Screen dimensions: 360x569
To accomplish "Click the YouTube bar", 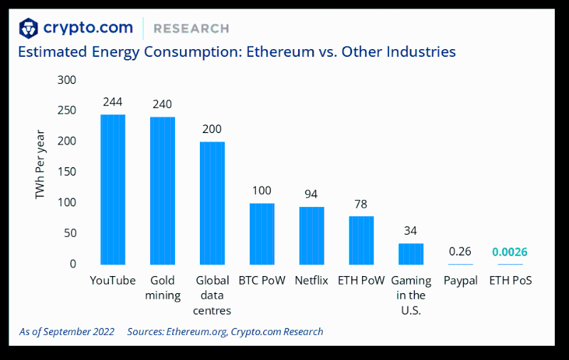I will [x=112, y=189].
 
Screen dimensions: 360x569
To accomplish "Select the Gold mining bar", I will [x=162, y=191].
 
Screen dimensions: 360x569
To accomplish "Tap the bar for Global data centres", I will [x=212, y=203].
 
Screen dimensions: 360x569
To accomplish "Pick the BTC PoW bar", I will [x=262, y=233].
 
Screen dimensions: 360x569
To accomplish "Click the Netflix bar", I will [x=312, y=235].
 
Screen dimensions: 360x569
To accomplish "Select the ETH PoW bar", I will [x=361, y=240].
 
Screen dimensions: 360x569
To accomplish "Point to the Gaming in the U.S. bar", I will [x=410, y=254].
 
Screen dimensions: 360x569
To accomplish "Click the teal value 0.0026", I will [x=510, y=252].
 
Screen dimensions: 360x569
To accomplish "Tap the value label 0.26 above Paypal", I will [x=460, y=252].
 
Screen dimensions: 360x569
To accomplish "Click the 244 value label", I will [x=112, y=102].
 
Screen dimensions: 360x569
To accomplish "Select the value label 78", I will [x=361, y=204].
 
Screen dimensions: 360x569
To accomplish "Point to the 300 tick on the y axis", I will [x=67, y=80].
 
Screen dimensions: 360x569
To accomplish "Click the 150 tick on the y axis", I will [x=67, y=172].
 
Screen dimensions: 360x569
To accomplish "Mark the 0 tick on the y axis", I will [x=73, y=264].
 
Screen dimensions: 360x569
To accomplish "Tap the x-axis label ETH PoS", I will [x=510, y=280].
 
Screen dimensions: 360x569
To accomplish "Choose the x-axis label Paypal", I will [x=460, y=280].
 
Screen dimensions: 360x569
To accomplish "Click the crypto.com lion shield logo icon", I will [x=28, y=28].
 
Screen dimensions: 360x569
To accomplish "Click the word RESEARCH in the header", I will [x=191, y=28].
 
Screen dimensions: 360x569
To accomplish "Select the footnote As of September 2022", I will [x=67, y=332].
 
